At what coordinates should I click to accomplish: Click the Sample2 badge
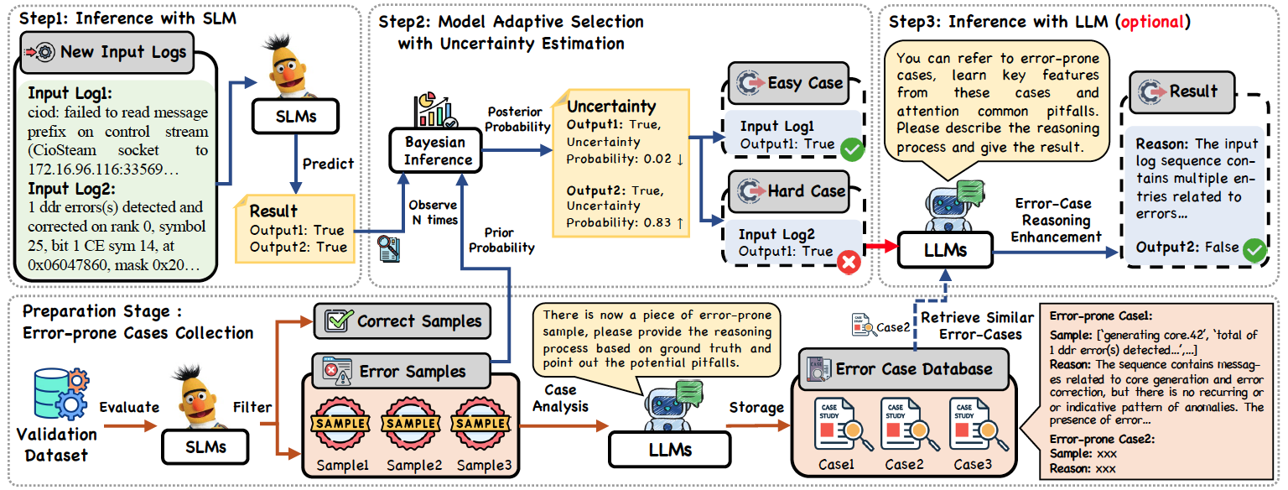(411, 424)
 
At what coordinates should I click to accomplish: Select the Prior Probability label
(501, 240)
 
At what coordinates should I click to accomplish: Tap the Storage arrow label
(756, 407)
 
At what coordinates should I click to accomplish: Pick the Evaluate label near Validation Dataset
(129, 407)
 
